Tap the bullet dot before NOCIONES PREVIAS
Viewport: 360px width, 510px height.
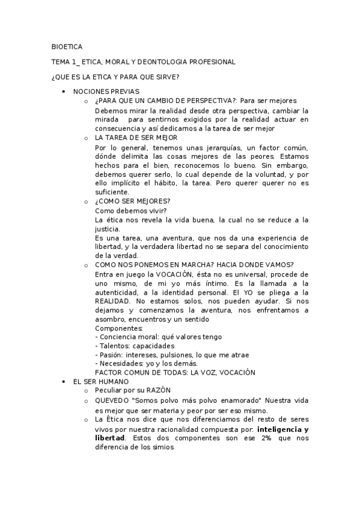[64, 91]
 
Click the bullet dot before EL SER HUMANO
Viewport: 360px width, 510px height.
[64, 382]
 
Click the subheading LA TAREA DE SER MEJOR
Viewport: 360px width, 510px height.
[136, 138]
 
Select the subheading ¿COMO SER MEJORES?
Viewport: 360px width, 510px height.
[133, 201]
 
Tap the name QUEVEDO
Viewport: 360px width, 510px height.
[112, 401]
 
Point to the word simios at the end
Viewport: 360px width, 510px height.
[162, 447]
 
